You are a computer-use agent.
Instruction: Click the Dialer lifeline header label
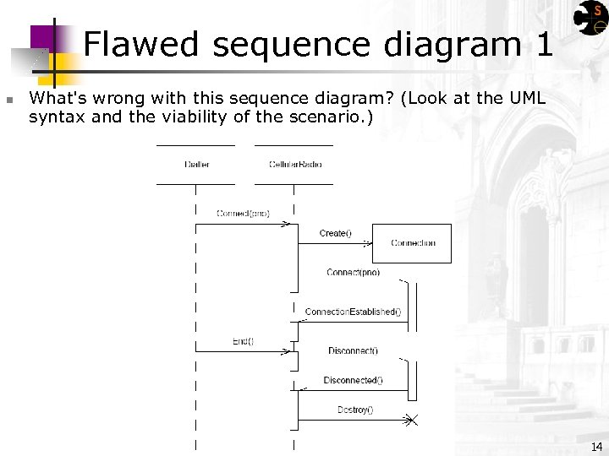click(x=196, y=164)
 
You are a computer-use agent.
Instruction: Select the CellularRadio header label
click(x=295, y=164)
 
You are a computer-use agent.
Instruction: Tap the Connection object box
click(x=412, y=243)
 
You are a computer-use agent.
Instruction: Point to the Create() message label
click(x=336, y=233)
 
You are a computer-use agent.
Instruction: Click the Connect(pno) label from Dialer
click(x=243, y=214)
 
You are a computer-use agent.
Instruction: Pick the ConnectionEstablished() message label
click(x=353, y=312)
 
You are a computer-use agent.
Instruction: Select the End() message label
click(x=243, y=341)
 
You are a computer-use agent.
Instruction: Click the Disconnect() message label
click(x=353, y=350)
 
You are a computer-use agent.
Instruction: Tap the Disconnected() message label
click(x=353, y=380)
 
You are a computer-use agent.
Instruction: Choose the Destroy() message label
click(x=355, y=410)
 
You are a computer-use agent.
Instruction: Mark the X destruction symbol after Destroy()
click(x=410, y=420)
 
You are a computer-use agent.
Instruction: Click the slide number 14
click(x=596, y=447)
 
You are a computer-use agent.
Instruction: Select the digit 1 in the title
click(x=544, y=44)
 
